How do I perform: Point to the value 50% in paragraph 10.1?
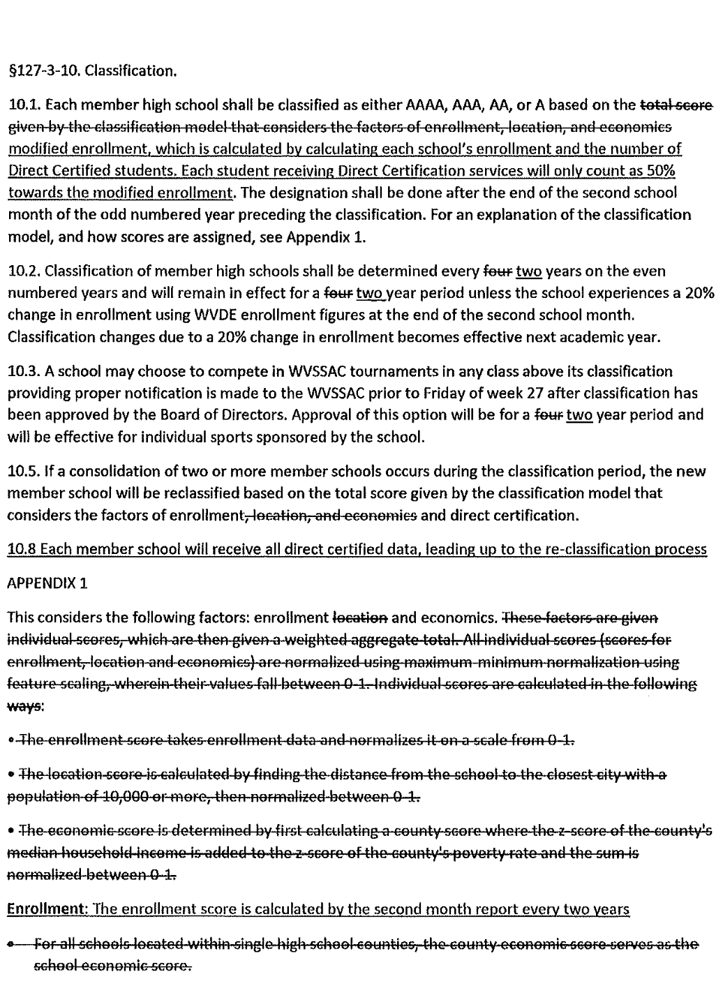coord(659,172)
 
